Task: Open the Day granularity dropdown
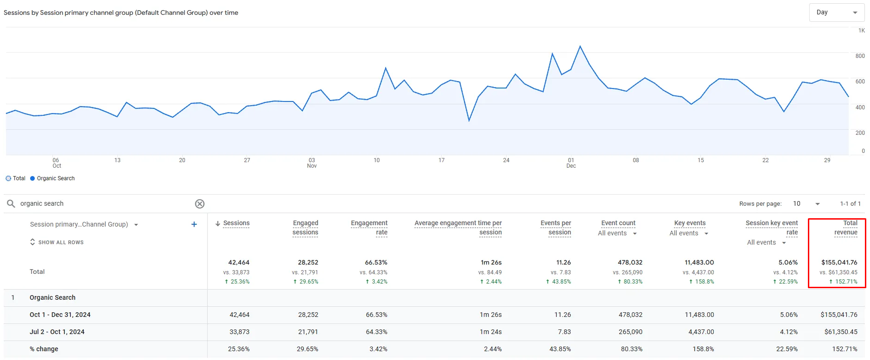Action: coord(836,13)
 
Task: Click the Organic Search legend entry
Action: coord(52,178)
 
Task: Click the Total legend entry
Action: coord(15,178)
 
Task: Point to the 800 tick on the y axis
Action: coord(860,56)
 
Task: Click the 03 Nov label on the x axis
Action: coord(312,163)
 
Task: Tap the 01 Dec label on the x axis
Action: coord(571,163)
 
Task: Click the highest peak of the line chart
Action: coord(580,46)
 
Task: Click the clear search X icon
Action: coord(200,204)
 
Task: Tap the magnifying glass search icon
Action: coord(11,203)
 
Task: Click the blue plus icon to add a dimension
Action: coord(194,224)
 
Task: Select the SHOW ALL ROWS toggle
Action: coord(57,242)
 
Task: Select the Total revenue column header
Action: coord(846,228)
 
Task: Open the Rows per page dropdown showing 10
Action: coord(806,204)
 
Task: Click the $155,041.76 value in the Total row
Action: coord(839,262)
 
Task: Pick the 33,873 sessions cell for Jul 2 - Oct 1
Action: coord(240,332)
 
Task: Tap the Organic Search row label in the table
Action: coord(52,297)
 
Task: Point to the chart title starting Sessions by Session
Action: coord(121,13)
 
